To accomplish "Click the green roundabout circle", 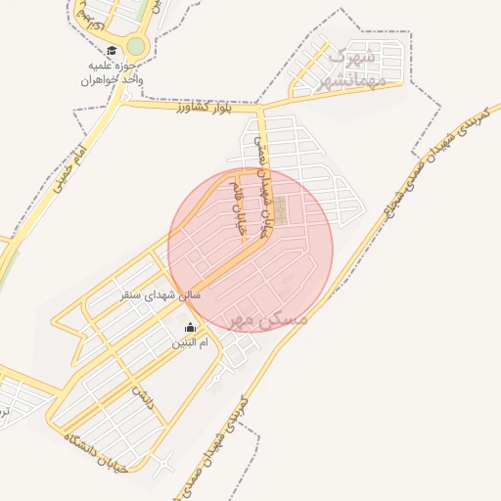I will tap(136, 45).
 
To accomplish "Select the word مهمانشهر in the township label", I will tap(355, 76).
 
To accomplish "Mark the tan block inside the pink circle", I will tap(281, 210).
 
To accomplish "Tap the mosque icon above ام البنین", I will tap(190, 327).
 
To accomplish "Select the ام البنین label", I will tap(190, 342).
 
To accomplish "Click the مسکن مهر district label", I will tap(265, 319).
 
